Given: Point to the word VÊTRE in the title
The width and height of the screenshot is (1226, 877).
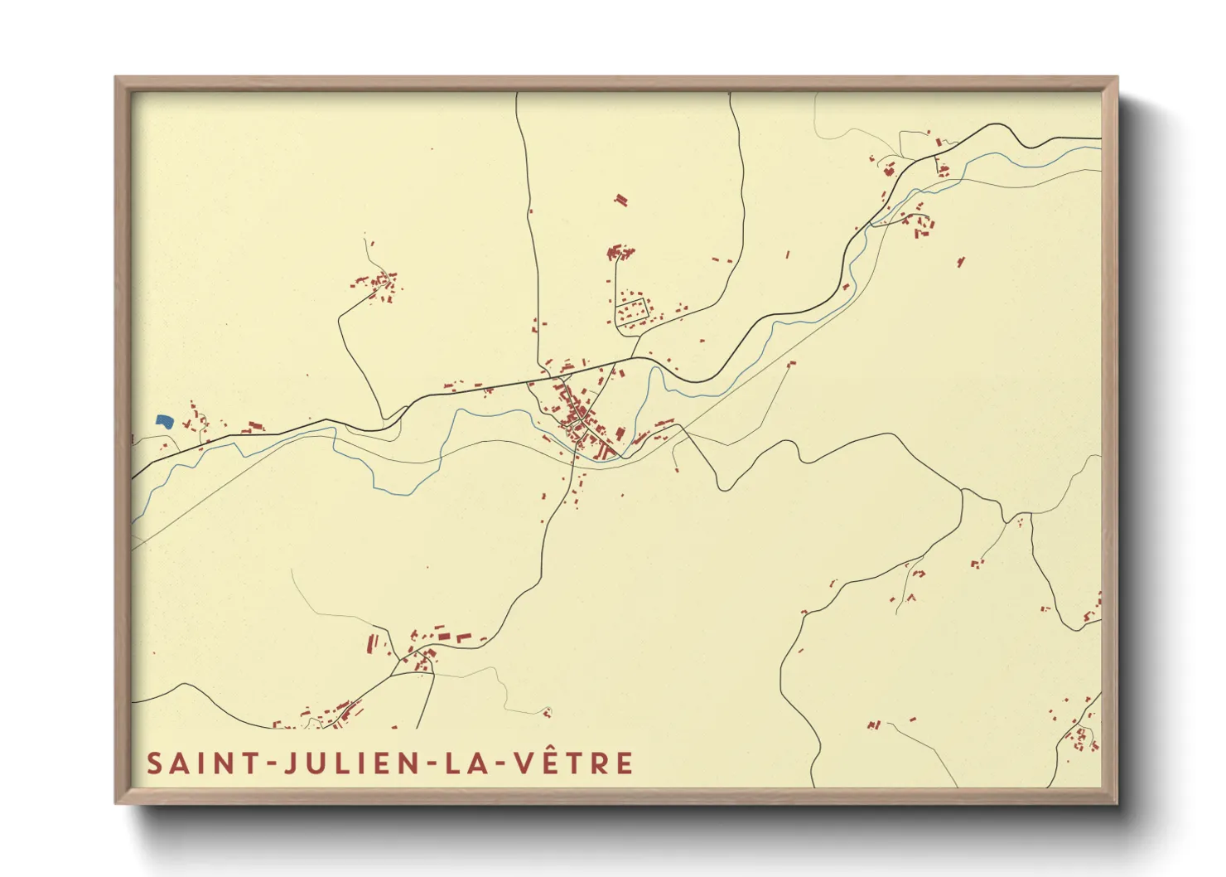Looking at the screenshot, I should point(574,763).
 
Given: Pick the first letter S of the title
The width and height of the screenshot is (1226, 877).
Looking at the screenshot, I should point(154,763).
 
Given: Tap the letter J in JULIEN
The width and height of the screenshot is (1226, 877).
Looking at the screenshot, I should point(291,763).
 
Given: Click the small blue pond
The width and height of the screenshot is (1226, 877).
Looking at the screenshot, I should point(164,421).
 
